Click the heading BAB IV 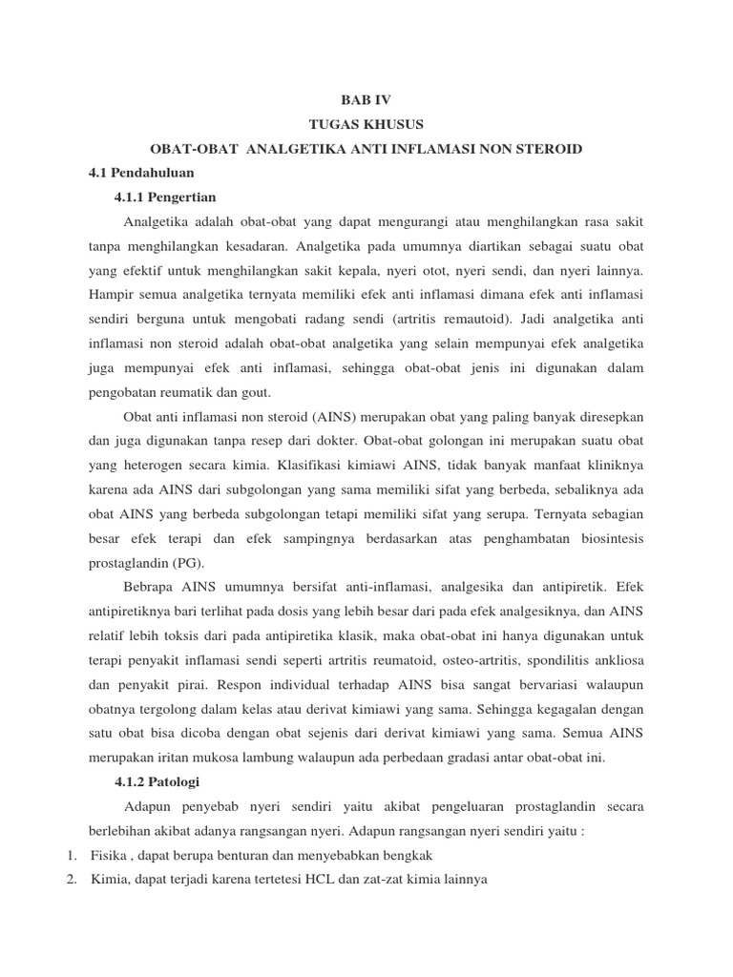point(366,100)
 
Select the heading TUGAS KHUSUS point(366,125)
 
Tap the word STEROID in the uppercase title point(544,150)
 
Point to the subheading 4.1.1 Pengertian point(165,197)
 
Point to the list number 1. point(73,855)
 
